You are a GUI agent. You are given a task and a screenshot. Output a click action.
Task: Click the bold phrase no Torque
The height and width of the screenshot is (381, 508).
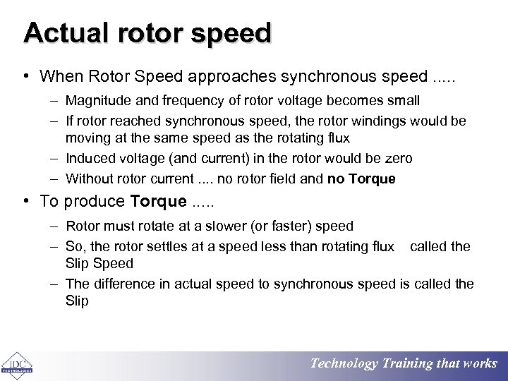361,179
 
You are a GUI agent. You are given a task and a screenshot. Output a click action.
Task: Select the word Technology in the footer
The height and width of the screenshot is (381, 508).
344,363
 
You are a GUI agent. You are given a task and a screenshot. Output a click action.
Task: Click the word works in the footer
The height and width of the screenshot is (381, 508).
480,363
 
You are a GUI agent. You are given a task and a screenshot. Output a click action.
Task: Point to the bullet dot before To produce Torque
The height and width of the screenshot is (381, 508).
25,202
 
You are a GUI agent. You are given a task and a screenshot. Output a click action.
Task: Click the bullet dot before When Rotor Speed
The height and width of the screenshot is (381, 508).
25,76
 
